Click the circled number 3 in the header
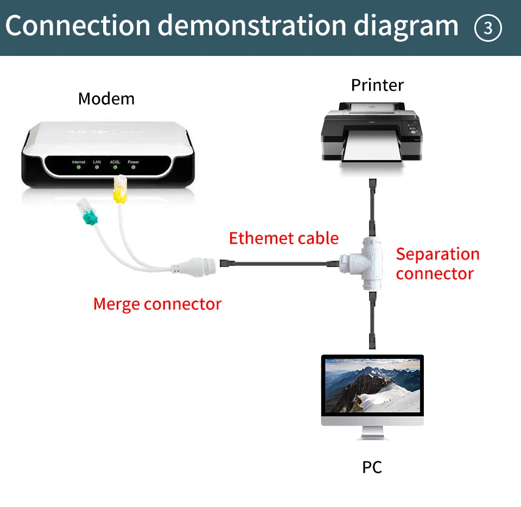tap(488, 28)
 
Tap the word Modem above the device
tap(106, 99)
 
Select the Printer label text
tap(377, 85)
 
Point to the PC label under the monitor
tap(372, 467)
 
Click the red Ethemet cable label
tap(283, 238)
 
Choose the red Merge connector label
tap(157, 304)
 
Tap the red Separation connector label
tap(437, 264)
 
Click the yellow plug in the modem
tap(119, 192)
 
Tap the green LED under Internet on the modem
tap(79, 168)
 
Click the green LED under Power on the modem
tap(133, 168)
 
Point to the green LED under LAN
tap(97, 168)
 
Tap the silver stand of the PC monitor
tap(372, 433)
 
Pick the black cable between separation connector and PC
tap(372, 320)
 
